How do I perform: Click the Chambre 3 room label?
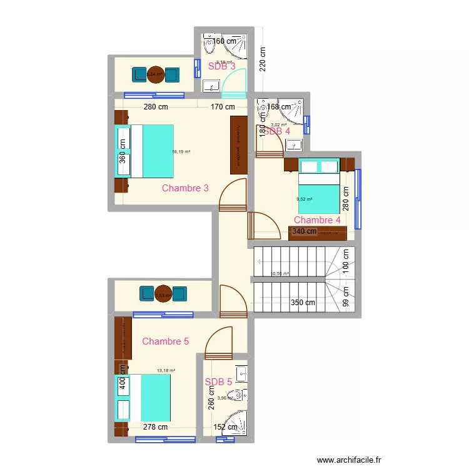(x=185, y=188)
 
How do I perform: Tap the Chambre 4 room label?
(x=317, y=220)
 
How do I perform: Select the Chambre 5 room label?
(x=166, y=341)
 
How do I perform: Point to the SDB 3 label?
(x=221, y=65)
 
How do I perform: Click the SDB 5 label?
(x=218, y=382)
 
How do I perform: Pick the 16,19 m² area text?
(x=181, y=151)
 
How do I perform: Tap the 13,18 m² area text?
(x=166, y=370)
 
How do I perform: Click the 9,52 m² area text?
(x=305, y=199)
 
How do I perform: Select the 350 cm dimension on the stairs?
(x=303, y=303)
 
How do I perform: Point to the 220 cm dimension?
(x=263, y=60)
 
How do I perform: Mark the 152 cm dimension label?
(x=225, y=428)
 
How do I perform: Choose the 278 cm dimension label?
(x=154, y=428)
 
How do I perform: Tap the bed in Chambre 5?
(x=144, y=398)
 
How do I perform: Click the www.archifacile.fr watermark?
(x=349, y=460)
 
